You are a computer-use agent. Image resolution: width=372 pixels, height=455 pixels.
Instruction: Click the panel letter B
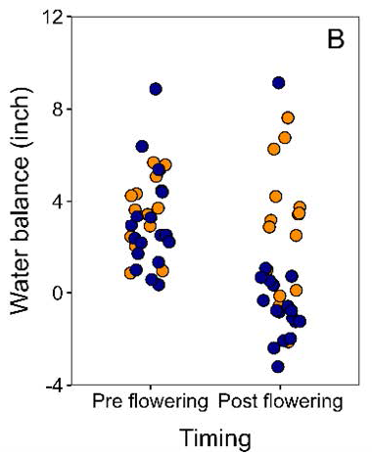pos(334,44)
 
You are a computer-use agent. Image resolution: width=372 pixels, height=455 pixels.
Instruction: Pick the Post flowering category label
pos(279,402)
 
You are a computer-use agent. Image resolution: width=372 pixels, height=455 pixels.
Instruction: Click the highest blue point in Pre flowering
pos(156,89)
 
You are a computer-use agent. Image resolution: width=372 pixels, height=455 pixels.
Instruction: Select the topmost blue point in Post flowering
pos(279,83)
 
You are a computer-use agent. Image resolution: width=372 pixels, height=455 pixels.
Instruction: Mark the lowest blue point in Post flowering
pos(278,367)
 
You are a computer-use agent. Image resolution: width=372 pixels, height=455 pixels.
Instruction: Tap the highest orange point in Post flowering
pos(288,117)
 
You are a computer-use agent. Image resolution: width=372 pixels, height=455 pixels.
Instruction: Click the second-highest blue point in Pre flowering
pos(142,147)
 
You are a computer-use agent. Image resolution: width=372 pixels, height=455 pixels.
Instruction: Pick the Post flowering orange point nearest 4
pos(276,197)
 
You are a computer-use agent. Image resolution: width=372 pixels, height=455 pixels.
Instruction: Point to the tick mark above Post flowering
pos(280,385)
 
